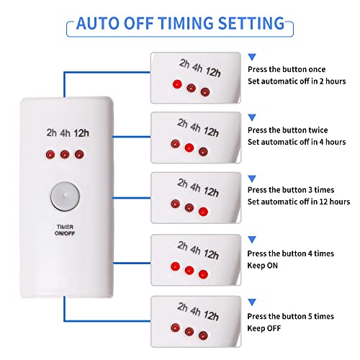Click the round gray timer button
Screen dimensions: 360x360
click(65, 197)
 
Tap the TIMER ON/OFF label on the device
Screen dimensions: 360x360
click(65, 230)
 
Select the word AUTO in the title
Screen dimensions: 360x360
click(98, 23)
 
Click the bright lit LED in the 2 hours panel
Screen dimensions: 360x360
click(177, 84)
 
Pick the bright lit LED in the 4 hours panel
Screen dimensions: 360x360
click(189, 148)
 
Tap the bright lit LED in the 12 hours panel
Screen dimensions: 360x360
click(203, 212)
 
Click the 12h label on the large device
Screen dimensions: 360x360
click(81, 133)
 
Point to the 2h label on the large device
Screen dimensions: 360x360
click(52, 132)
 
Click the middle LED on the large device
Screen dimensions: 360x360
click(65, 154)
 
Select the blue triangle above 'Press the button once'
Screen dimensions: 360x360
click(252, 57)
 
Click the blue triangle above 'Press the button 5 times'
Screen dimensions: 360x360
click(252, 302)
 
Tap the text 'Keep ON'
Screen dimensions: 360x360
click(263, 266)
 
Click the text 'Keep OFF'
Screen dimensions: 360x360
click(264, 328)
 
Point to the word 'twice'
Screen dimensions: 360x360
click(318, 130)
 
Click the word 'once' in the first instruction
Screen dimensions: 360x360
click(317, 70)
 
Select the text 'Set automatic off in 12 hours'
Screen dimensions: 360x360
click(299, 202)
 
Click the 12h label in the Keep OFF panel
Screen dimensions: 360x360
click(211, 316)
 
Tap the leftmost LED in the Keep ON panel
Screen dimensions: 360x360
click(176, 266)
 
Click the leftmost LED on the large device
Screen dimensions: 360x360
click(50, 154)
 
